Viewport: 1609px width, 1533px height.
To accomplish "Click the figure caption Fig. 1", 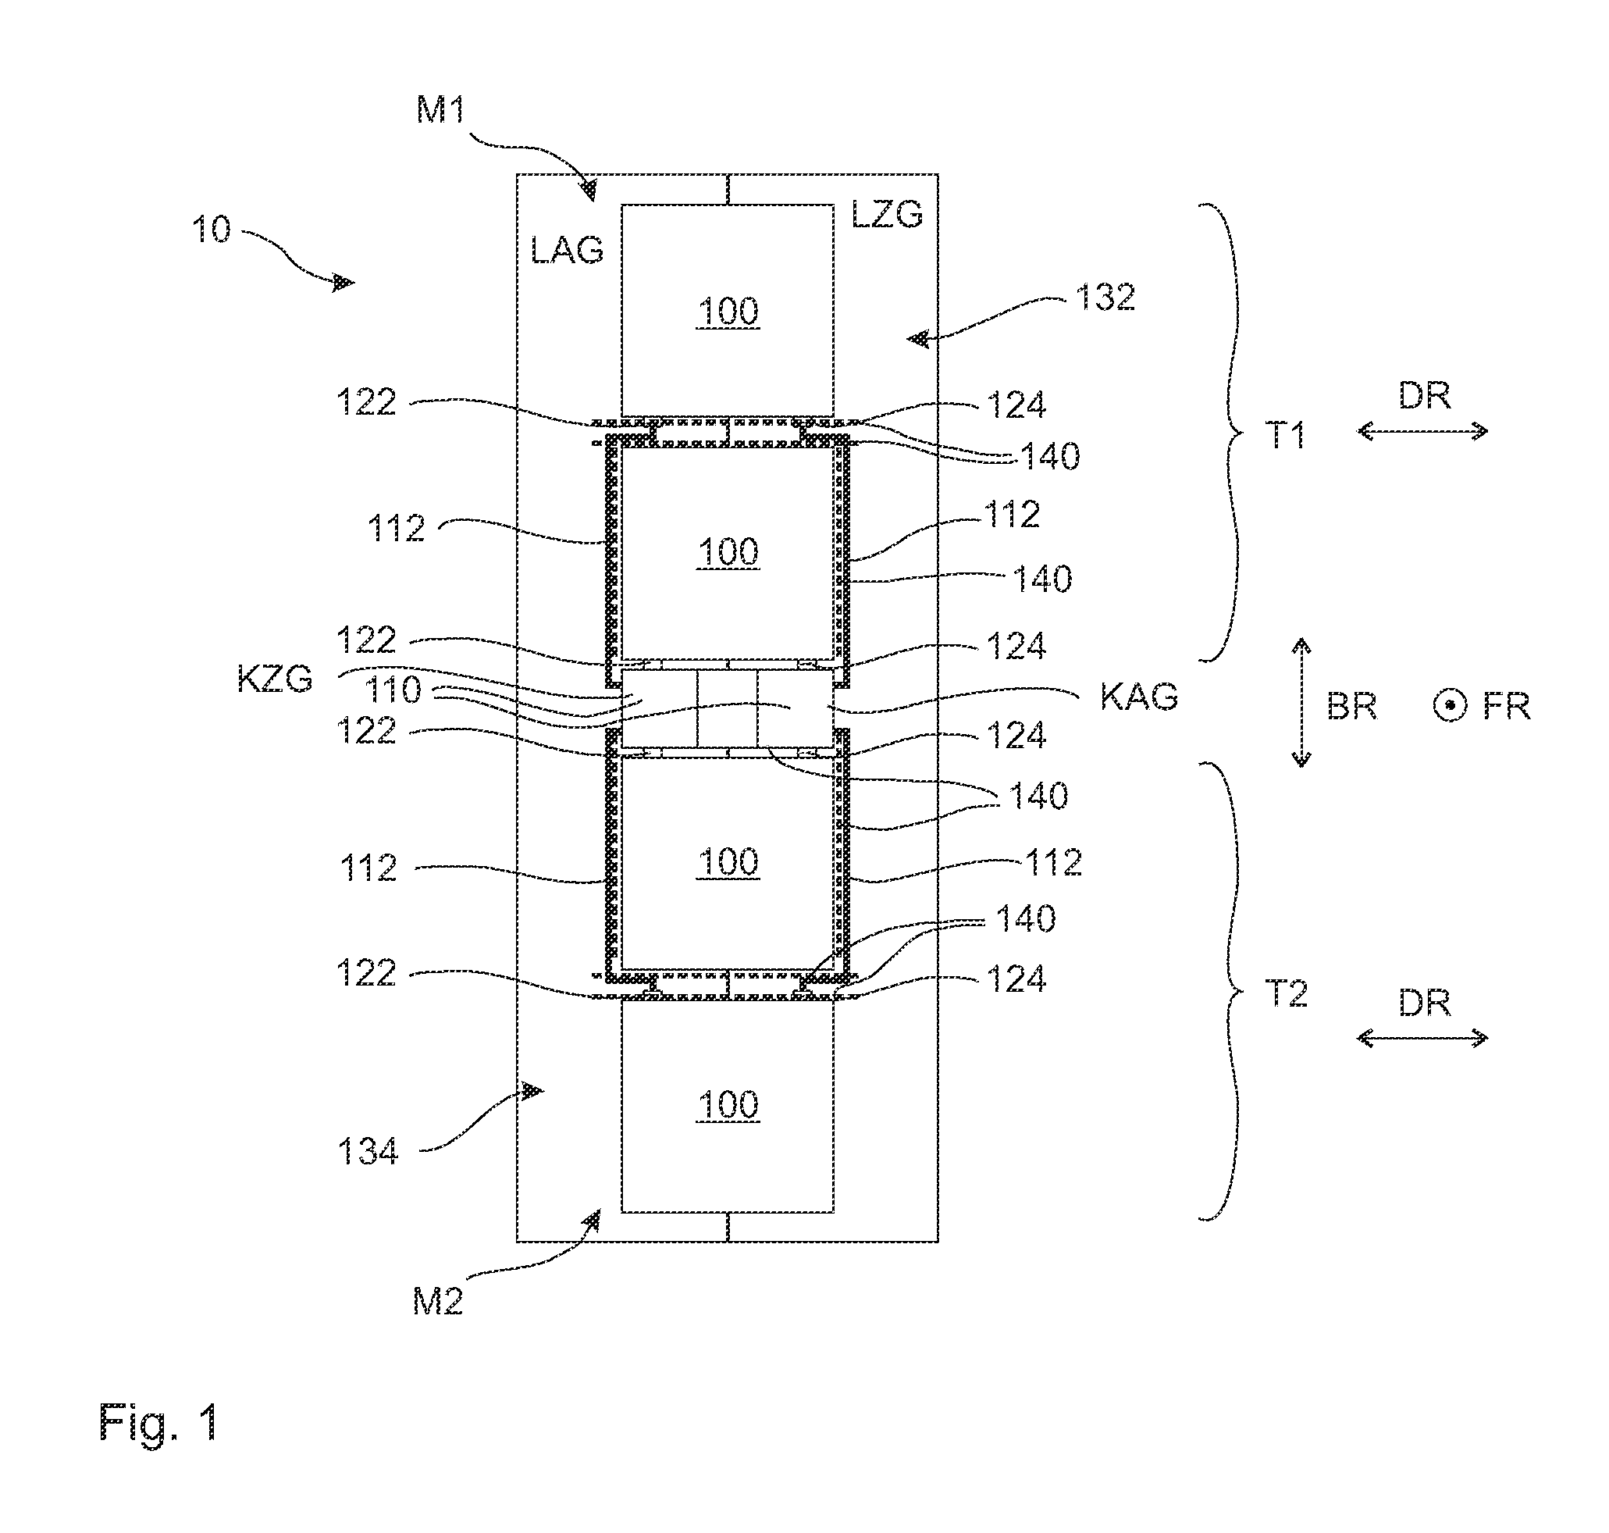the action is pyautogui.click(x=158, y=1423).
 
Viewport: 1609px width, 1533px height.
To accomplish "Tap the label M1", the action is pyautogui.click(x=441, y=109).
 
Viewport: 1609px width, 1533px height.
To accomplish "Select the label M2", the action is pyautogui.click(x=438, y=1301).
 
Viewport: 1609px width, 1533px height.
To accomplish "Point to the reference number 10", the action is pyautogui.click(x=212, y=230).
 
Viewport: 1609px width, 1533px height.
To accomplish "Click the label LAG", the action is pyautogui.click(x=567, y=250).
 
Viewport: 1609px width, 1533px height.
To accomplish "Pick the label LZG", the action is pyautogui.click(x=887, y=214).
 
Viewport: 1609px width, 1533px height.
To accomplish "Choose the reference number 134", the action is pyautogui.click(x=368, y=1152).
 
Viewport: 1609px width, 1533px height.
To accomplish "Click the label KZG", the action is pyautogui.click(x=275, y=679).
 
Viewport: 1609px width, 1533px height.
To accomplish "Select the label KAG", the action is pyautogui.click(x=1139, y=697).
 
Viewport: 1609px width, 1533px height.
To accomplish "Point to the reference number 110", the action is pyautogui.click(x=393, y=690).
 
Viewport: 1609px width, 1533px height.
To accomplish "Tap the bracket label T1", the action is pyautogui.click(x=1287, y=436).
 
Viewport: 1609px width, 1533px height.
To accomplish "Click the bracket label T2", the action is pyautogui.click(x=1287, y=994).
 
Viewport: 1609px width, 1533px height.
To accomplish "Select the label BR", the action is pyautogui.click(x=1351, y=707).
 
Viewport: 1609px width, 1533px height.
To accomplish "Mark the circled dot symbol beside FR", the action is pyautogui.click(x=1451, y=706).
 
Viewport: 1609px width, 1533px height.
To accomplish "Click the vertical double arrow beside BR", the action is pyautogui.click(x=1301, y=703).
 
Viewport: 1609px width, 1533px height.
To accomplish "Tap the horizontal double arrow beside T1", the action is pyautogui.click(x=1422, y=431).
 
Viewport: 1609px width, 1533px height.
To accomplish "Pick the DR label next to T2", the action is pyautogui.click(x=1425, y=1004).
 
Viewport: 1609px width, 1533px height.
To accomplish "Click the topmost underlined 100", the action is pyautogui.click(x=728, y=312).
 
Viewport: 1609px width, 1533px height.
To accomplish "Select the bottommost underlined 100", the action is pyautogui.click(x=728, y=1106).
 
